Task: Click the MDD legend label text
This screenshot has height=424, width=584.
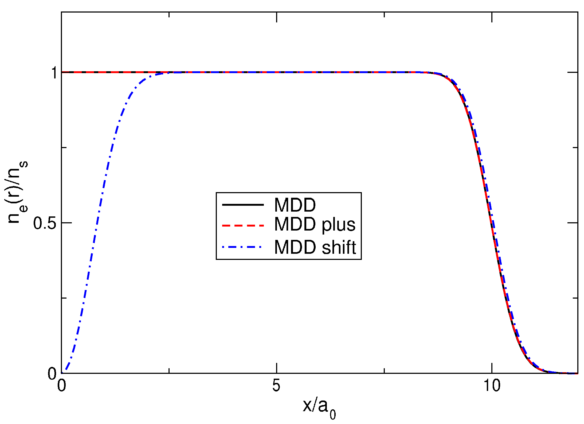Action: click(x=295, y=205)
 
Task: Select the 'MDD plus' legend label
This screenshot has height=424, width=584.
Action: click(x=315, y=224)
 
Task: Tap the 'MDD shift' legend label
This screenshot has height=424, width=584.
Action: click(x=315, y=247)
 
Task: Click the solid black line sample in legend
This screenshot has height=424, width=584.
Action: click(x=243, y=205)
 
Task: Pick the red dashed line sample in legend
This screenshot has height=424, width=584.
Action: click(x=243, y=225)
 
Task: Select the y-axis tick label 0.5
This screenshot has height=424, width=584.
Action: click(x=45, y=223)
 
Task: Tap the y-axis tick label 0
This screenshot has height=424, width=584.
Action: click(x=52, y=374)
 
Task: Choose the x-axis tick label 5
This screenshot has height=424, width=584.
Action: click(x=276, y=386)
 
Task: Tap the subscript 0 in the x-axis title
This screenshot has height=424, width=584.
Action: click(x=332, y=415)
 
